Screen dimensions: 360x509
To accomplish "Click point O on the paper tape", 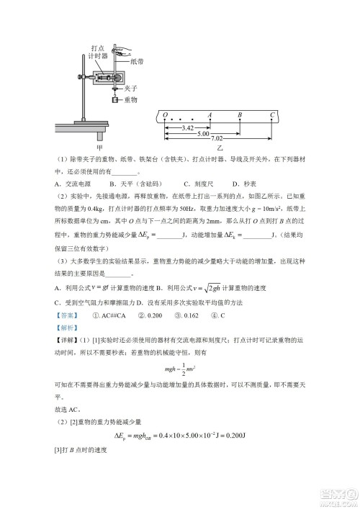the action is coord(165,115).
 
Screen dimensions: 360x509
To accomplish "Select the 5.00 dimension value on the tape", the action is coord(203,133).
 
